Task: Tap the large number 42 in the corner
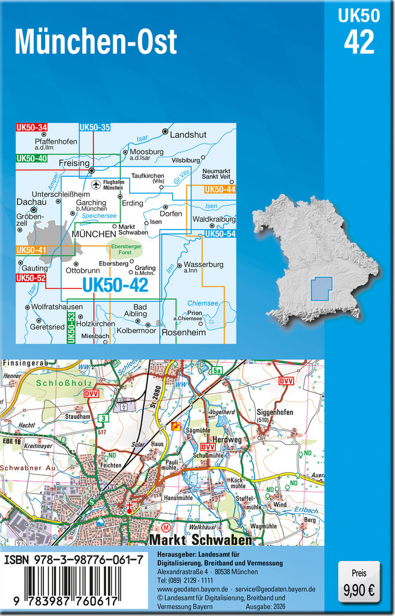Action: point(359,42)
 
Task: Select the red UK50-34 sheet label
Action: point(32,127)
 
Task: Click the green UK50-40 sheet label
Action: point(32,158)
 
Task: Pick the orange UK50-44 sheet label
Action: point(220,190)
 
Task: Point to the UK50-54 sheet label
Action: point(220,234)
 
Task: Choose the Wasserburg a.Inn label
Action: point(203,266)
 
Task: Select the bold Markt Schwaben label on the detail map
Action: point(200,539)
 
